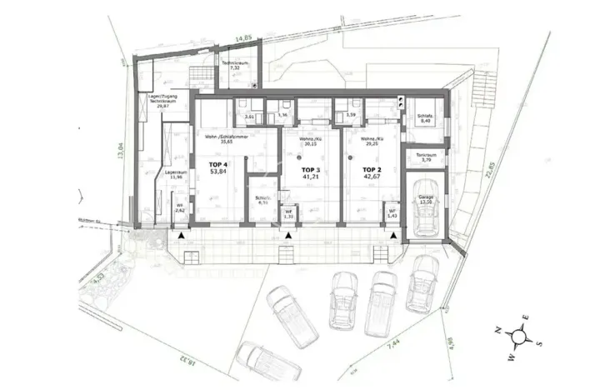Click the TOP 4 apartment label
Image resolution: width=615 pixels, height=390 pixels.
click(214, 170)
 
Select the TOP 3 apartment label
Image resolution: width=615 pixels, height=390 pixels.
click(300, 173)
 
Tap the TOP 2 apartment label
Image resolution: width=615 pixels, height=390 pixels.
click(372, 172)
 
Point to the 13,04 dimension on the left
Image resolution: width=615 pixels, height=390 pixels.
click(121, 155)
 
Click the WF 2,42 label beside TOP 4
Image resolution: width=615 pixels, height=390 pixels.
click(180, 209)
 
